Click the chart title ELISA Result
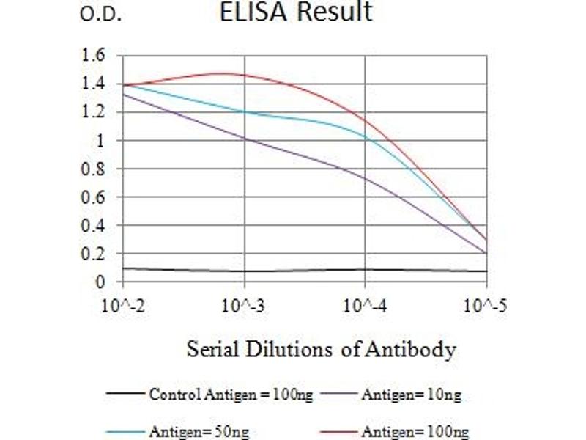click(296, 12)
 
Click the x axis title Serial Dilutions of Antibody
click(321, 349)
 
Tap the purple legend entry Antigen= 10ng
click(411, 395)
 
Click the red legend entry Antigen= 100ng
click(414, 431)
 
